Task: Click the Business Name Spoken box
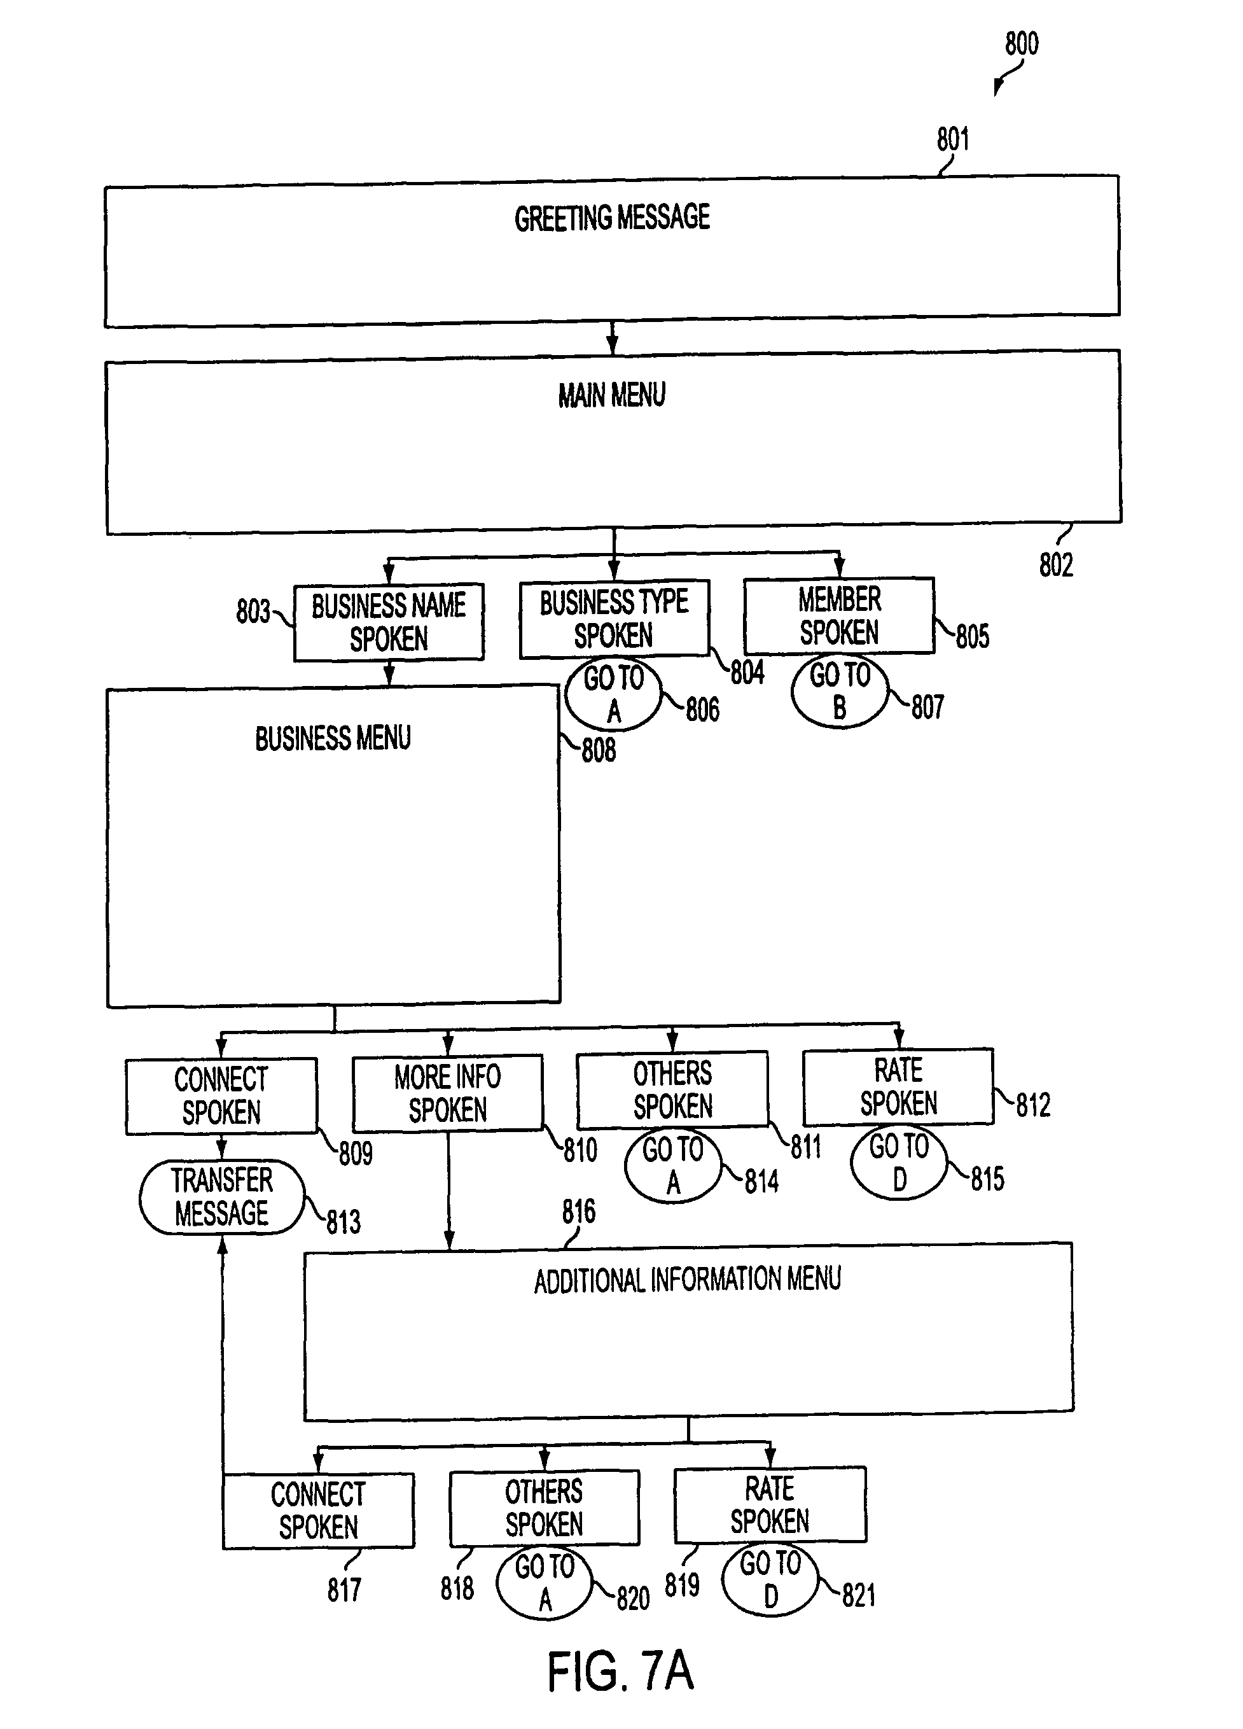click(389, 622)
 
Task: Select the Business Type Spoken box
click(615, 619)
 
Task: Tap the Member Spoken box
click(839, 616)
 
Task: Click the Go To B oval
click(840, 692)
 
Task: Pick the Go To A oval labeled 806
click(613, 694)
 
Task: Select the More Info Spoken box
click(448, 1093)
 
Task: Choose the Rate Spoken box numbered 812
click(898, 1086)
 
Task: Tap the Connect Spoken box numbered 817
click(319, 1511)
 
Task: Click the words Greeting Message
click(612, 218)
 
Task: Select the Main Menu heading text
click(612, 396)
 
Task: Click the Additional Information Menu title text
click(688, 1280)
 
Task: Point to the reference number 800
click(1021, 44)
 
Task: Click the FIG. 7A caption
click(620, 1672)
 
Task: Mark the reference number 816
click(578, 1212)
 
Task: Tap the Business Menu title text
click(333, 739)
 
